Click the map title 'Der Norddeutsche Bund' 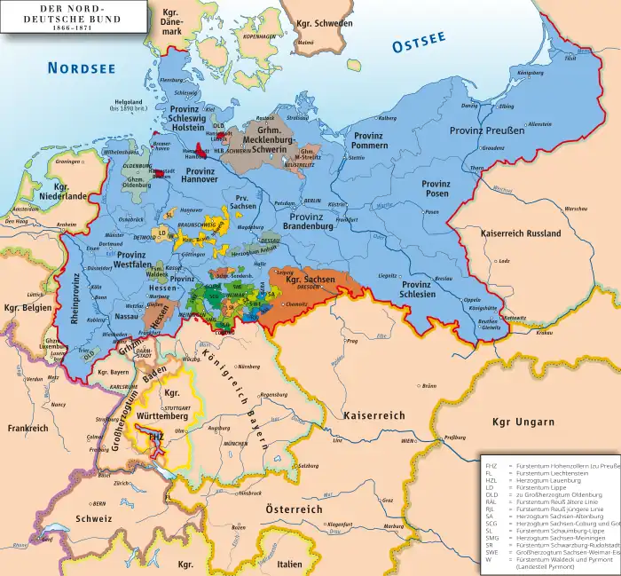(x=48, y=17)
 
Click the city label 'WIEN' (x=407, y=440)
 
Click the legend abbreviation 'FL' (x=490, y=472)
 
